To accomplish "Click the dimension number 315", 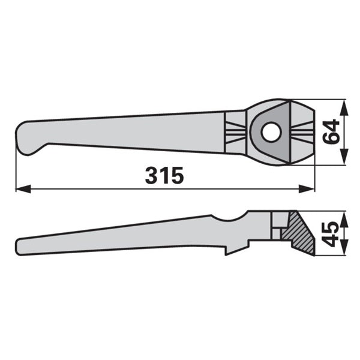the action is click(164, 175).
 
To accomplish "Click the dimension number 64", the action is click(331, 131).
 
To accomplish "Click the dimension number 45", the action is click(331, 234).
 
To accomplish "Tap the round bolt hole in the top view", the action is click(271, 132).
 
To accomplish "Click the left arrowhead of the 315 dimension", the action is click(23, 189).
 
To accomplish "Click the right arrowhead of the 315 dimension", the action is click(307, 189).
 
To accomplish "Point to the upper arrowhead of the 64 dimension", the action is click(344, 107).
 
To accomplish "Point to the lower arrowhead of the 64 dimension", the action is click(344, 157).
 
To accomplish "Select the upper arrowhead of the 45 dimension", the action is click(344, 219).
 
